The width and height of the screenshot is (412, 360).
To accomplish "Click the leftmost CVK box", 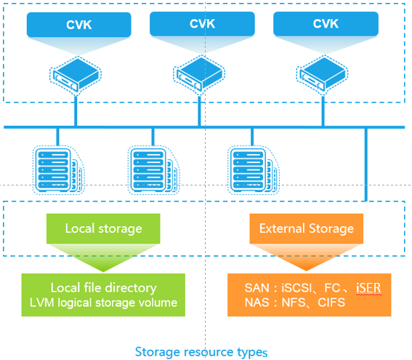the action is tap(78, 25).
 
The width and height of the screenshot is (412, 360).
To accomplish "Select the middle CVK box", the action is tap(202, 24).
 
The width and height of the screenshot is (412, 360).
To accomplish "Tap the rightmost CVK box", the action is tap(326, 24).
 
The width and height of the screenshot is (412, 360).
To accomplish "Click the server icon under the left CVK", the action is tap(76, 75).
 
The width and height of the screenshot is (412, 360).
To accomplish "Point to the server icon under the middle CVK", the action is tap(199, 75).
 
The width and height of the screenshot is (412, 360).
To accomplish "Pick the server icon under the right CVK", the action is tap(323, 75).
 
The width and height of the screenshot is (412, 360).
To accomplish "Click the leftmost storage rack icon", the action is tap(58, 170).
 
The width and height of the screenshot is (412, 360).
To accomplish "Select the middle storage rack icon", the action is tap(154, 170).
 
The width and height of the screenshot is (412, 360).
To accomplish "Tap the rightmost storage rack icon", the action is tap(253, 170).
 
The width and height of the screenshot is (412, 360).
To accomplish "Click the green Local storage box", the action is tap(103, 228).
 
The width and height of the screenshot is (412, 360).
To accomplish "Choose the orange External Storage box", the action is tap(307, 228).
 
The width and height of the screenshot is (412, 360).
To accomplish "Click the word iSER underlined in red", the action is tap(368, 288).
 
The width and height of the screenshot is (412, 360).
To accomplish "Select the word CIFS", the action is tap(331, 303).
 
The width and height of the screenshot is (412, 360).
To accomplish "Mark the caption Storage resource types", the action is tap(201, 352).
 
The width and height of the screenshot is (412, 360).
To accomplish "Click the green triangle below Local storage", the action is tap(103, 257).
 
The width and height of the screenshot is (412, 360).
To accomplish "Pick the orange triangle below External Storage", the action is tap(307, 257).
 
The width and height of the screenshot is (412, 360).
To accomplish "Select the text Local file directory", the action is tap(103, 288).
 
